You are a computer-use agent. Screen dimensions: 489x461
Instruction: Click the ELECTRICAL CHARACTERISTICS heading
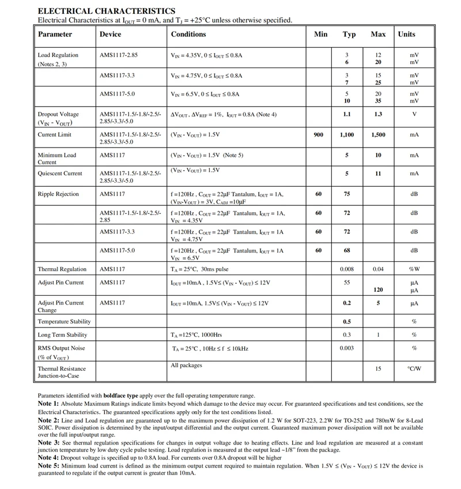[107, 11]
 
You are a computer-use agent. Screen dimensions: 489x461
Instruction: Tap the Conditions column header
[188, 34]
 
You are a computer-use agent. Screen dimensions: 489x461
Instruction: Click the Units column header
[406, 34]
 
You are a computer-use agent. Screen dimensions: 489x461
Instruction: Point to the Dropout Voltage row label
[58, 114]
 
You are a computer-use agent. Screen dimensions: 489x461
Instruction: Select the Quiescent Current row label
[60, 173]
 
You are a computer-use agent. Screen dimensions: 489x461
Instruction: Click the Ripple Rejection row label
[58, 194]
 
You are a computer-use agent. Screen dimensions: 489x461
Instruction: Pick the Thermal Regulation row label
[62, 269]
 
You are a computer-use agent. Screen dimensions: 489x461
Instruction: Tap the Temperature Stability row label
[64, 321]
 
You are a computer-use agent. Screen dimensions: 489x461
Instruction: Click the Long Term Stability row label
[62, 334]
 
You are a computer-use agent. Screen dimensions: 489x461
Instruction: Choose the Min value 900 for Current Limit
[319, 134]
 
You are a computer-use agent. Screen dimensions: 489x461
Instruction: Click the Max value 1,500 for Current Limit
[378, 134]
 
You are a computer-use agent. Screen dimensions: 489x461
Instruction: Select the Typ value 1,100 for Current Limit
[347, 134]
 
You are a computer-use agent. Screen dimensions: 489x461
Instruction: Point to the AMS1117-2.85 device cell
[119, 55]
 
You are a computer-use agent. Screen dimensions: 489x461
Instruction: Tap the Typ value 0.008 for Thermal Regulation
[347, 269]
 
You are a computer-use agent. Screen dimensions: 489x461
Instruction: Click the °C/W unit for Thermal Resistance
[414, 368]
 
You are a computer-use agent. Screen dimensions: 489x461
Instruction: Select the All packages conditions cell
[187, 365]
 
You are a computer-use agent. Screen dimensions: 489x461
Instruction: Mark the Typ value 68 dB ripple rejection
[347, 250]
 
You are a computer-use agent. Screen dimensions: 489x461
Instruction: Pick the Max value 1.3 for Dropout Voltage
[378, 114]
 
